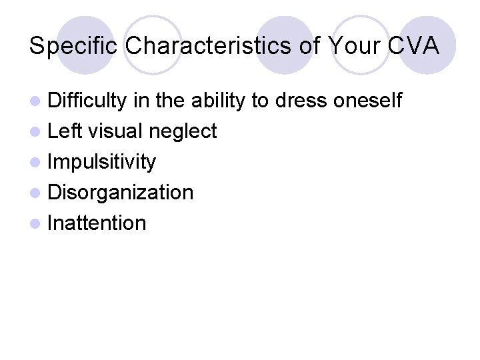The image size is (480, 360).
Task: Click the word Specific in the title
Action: (74, 46)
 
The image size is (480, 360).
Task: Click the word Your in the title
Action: (351, 46)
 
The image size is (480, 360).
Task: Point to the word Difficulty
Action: (87, 101)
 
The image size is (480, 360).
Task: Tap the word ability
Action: (219, 101)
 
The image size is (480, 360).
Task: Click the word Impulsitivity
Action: (102, 162)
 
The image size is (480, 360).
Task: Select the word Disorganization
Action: (121, 193)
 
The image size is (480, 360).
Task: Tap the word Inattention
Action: (97, 223)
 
